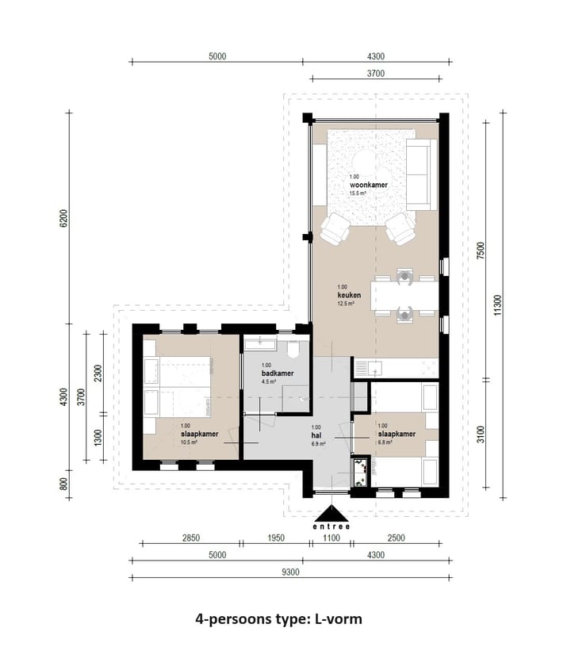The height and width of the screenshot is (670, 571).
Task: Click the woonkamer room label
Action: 368,185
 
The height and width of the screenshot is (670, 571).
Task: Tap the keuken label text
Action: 348,295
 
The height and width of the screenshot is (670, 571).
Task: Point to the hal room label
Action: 316,435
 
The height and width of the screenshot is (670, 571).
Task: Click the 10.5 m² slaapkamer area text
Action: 189,442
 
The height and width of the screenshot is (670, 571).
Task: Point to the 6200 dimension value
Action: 63,218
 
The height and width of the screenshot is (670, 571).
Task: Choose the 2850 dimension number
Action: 190,539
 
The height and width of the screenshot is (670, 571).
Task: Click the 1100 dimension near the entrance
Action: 331,539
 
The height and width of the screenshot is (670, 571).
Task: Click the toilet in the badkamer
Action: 293,349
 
